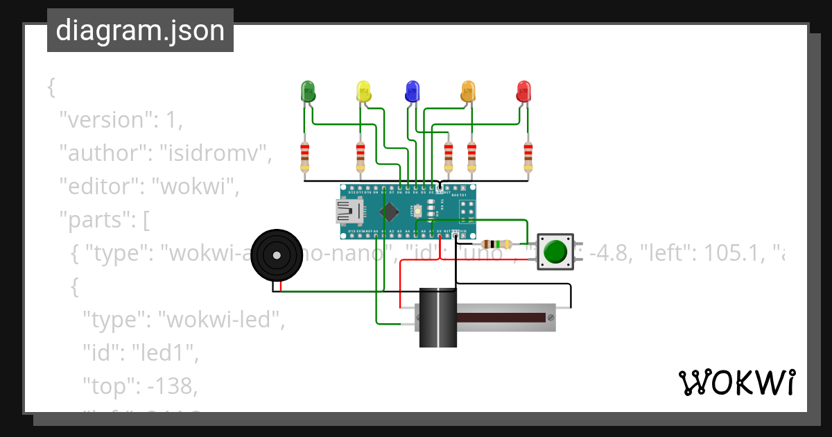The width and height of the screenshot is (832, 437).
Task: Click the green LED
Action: point(307,91)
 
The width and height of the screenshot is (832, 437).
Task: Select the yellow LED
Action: point(363,91)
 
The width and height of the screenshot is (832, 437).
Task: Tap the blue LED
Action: point(413,91)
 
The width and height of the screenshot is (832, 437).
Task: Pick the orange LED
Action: point(468,91)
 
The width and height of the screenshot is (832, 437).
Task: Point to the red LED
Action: point(524,91)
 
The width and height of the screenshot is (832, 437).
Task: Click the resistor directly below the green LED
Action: point(304,157)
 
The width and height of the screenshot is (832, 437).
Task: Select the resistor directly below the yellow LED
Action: point(360,157)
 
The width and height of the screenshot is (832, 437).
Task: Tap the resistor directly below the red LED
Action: point(528,157)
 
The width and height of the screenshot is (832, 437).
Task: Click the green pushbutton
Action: point(556,252)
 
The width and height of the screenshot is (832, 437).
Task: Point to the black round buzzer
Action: point(277,255)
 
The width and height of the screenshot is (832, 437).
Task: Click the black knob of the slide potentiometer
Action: point(438,317)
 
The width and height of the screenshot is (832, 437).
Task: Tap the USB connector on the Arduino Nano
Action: point(347,212)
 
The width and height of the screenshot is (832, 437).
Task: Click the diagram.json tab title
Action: point(140,31)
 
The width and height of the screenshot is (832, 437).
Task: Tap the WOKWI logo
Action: point(736,382)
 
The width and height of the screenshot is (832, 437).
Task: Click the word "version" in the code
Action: point(104,120)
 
